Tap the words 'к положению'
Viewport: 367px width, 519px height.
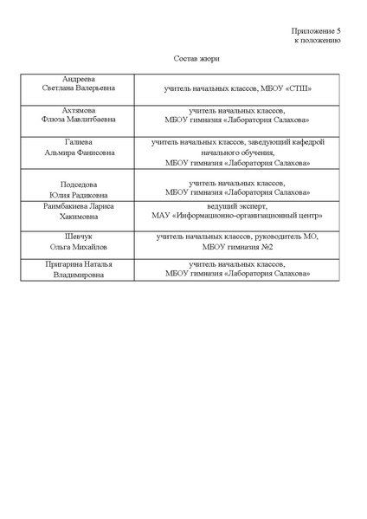[318, 40]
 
